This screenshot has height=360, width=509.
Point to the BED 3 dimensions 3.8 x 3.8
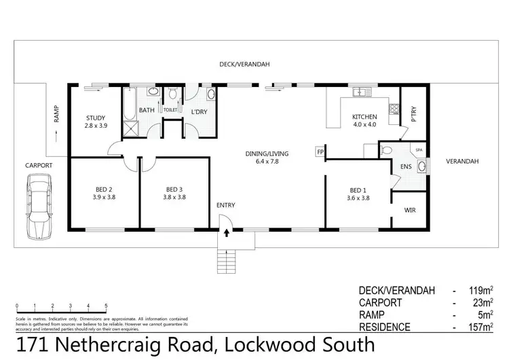tap(175, 197)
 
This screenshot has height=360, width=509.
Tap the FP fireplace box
tap(320, 152)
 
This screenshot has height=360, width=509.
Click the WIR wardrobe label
tap(410, 211)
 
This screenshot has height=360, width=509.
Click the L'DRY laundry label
tap(198, 111)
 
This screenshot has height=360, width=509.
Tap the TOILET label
tap(170, 109)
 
